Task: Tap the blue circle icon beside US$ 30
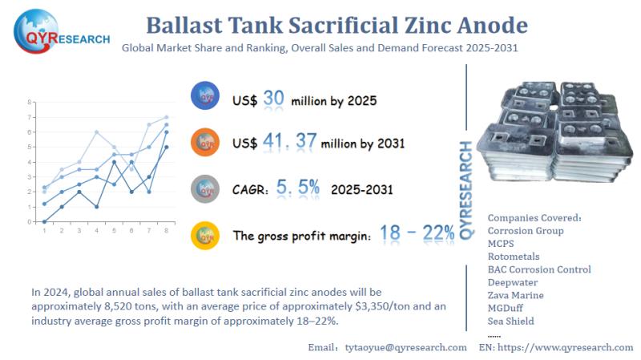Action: (204, 98)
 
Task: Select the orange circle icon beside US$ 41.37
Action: (204, 143)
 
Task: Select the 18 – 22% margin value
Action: (417, 233)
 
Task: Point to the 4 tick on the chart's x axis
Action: (96, 230)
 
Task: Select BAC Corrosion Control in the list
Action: (539, 269)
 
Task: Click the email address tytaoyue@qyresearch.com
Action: (405, 347)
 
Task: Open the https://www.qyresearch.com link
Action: (566, 347)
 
